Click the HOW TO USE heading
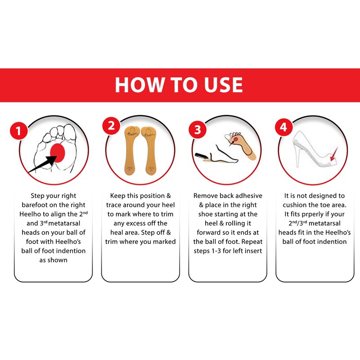179,85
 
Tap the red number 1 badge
19,130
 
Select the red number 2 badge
111,126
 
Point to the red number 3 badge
198,130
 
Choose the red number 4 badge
284,127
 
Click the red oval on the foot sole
58,153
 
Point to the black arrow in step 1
42,164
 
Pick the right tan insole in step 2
149,150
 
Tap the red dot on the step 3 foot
236,139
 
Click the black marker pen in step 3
202,156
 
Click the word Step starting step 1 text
37,196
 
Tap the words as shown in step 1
53,260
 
